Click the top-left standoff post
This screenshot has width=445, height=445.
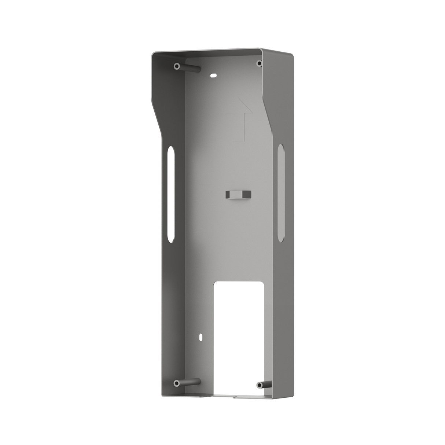click(x=187, y=67)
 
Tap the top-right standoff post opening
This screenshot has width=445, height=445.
click(x=259, y=63)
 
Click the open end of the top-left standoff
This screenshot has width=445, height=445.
click(x=177, y=66)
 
